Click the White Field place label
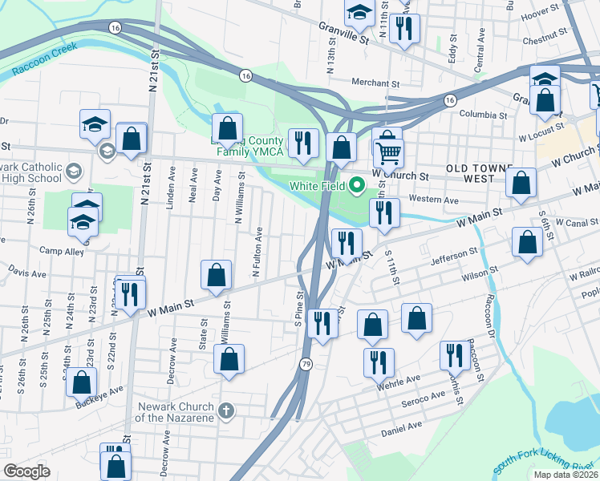coord(318,185)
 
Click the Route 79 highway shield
coord(306,365)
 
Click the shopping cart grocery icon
coord(388,151)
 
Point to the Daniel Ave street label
coord(402,430)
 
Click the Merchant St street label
coord(375,83)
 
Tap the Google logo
coord(26,471)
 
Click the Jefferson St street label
coord(454,256)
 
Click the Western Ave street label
coord(433,199)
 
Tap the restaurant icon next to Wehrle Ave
coord(379,362)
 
